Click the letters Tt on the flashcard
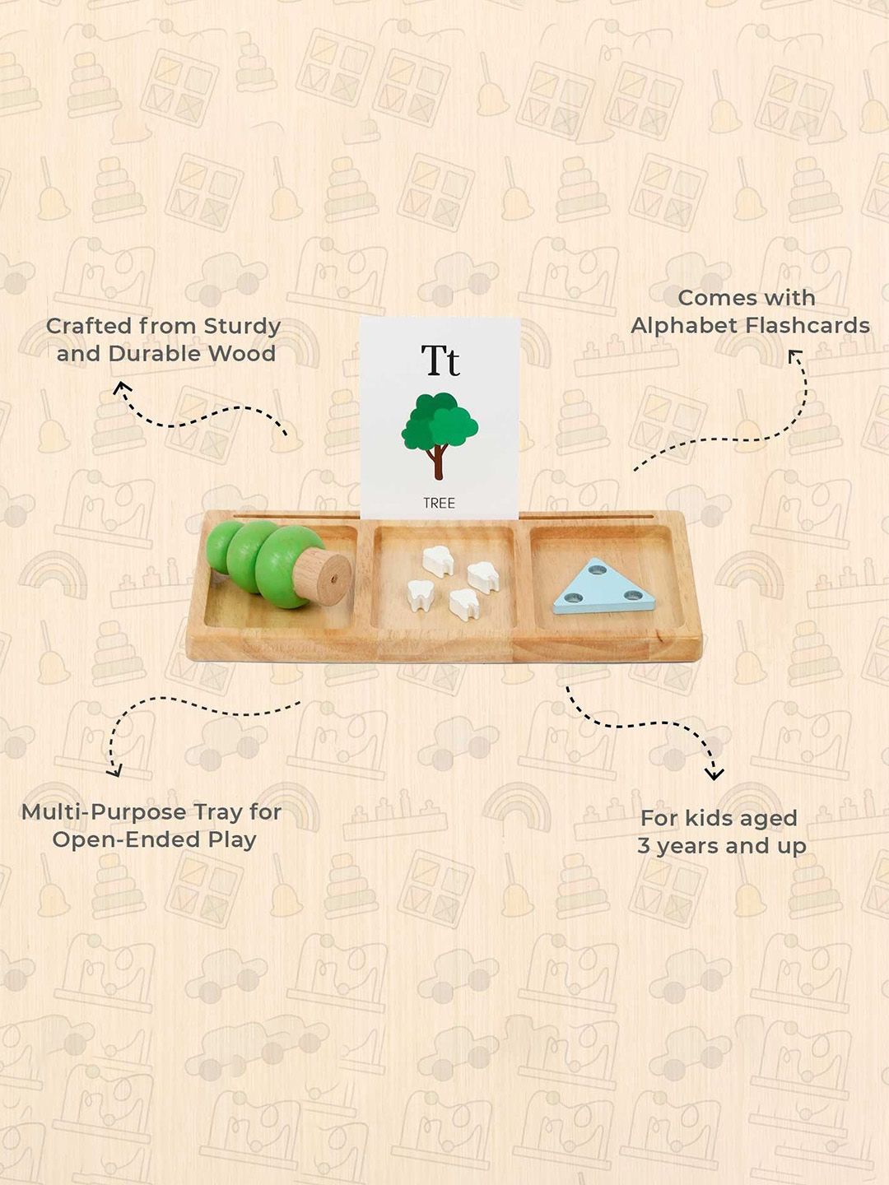(440, 360)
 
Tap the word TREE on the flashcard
(439, 503)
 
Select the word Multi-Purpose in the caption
(95, 813)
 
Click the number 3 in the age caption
(644, 846)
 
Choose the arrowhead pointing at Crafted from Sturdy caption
(122, 388)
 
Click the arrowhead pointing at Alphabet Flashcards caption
(794, 357)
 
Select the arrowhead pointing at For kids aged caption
(714, 774)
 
